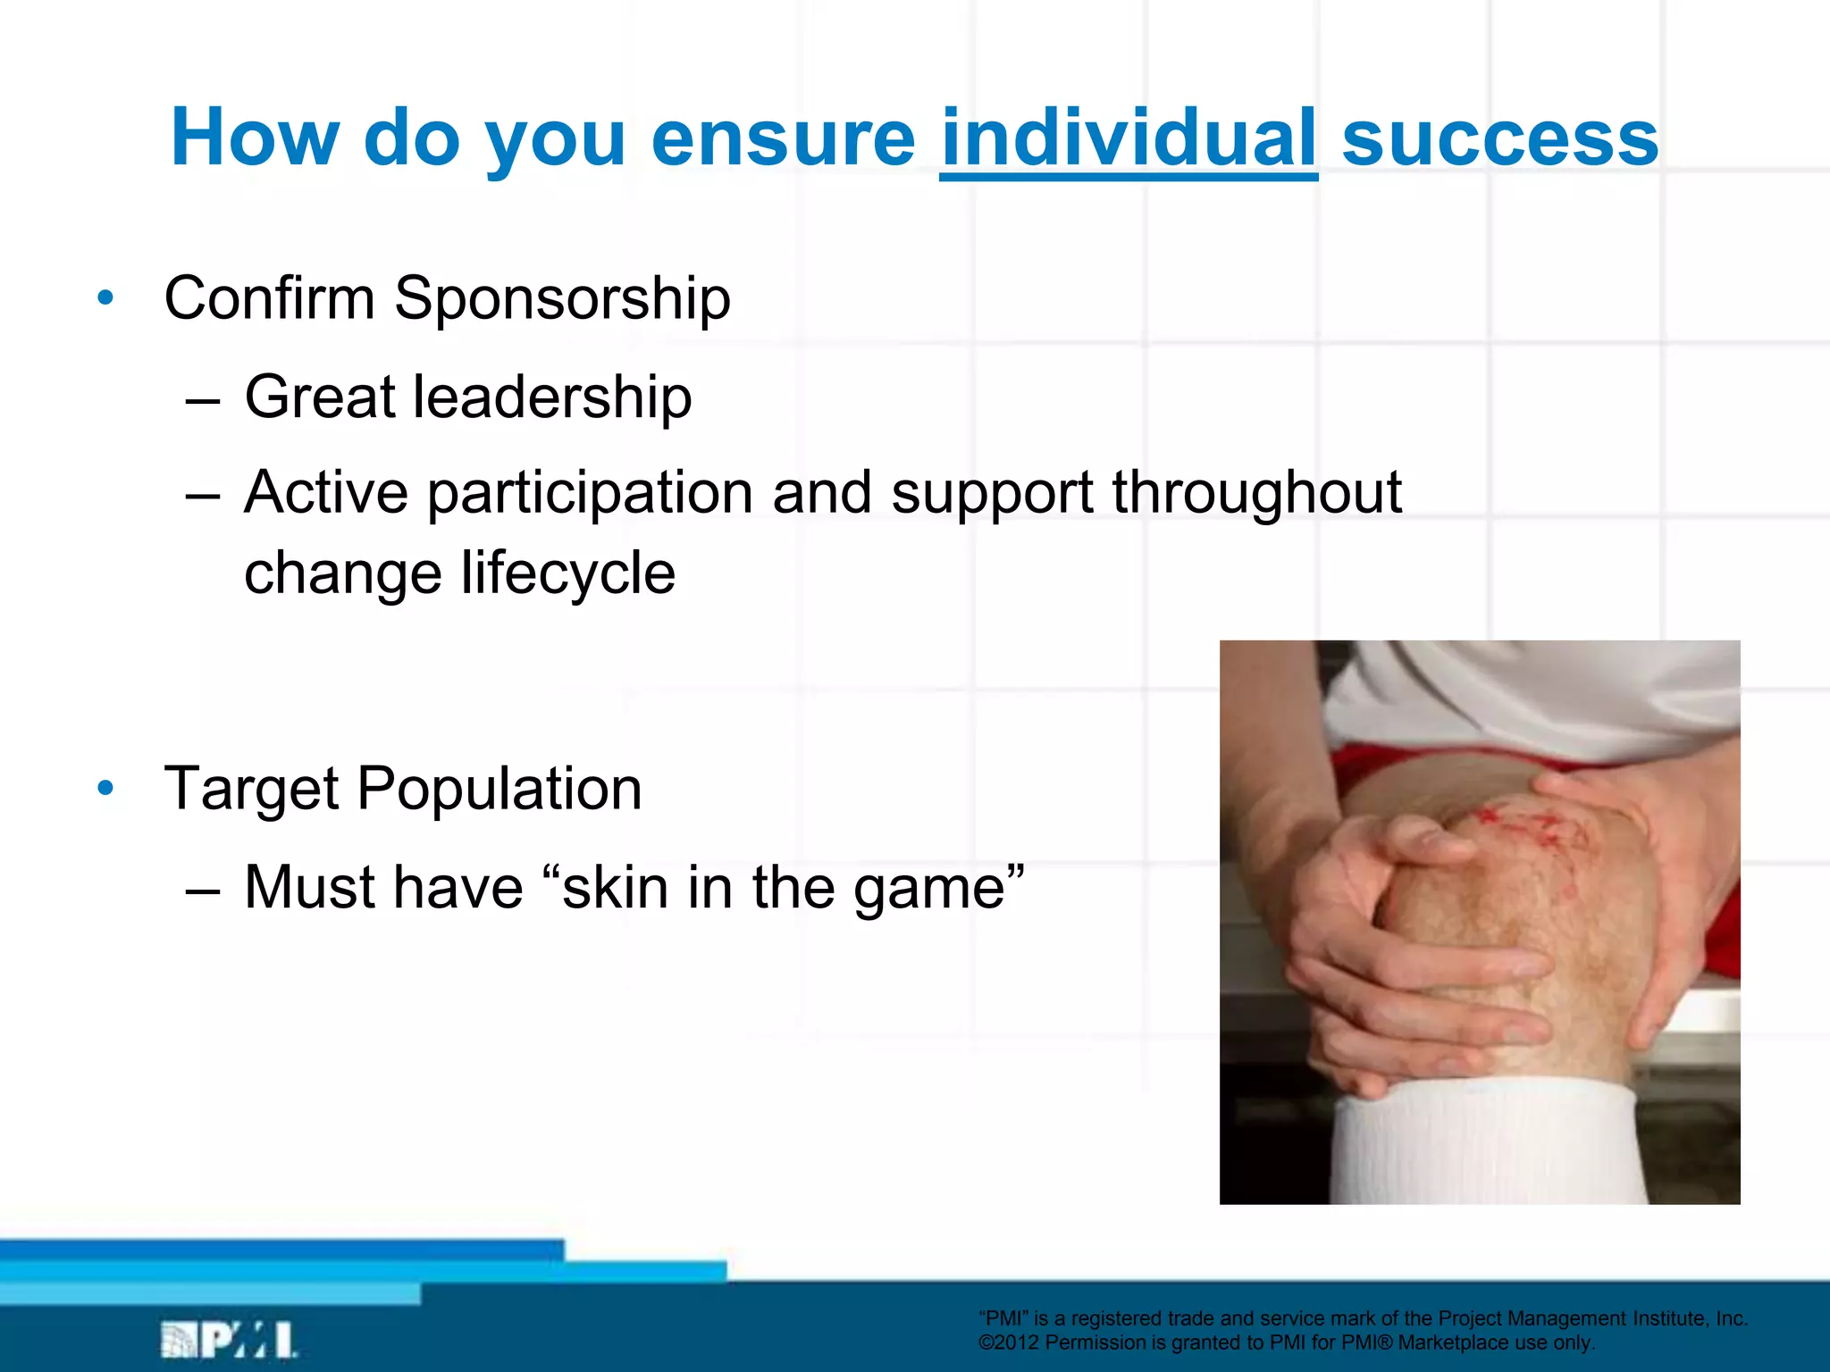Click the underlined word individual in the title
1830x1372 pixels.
click(1128, 138)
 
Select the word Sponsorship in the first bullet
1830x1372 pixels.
click(562, 298)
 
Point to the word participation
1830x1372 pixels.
click(590, 493)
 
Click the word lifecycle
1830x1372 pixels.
click(567, 573)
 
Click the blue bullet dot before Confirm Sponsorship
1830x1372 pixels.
click(105, 298)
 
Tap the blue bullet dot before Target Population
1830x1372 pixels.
click(105, 789)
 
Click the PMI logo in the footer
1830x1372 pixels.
click(229, 1339)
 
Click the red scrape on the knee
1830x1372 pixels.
click(1519, 826)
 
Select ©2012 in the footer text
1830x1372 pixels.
click(1008, 1343)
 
